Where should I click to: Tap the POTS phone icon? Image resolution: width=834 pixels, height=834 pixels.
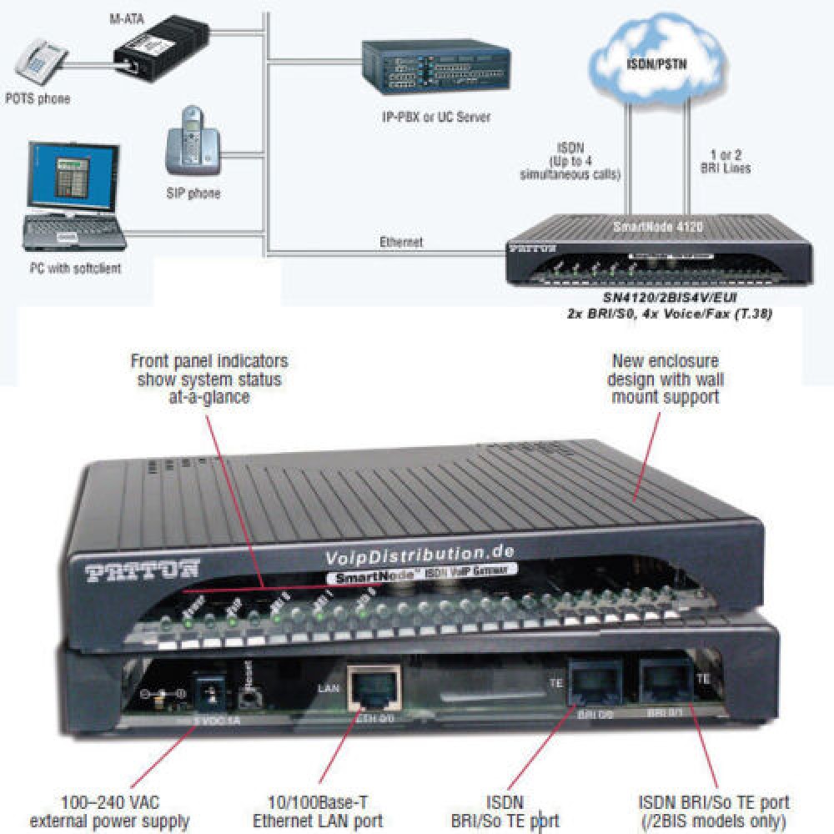click(38, 63)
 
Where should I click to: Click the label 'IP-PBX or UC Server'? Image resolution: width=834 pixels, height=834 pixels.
click(427, 117)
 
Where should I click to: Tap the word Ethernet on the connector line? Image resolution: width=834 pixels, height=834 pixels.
click(401, 242)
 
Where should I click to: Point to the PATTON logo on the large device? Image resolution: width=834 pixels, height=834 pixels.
click(143, 570)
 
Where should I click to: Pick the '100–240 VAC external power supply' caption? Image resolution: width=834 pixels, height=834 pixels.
click(109, 812)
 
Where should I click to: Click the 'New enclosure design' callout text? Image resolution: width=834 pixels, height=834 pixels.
click(667, 379)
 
